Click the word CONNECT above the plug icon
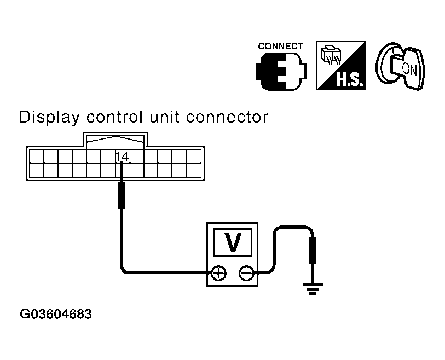point(281,47)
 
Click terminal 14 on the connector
point(122,156)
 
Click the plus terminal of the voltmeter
point(218,272)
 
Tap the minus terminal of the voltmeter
point(246,272)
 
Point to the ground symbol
point(313,288)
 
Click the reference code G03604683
point(56,315)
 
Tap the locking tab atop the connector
point(115,140)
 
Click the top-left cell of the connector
point(36,156)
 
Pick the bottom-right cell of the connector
point(194,170)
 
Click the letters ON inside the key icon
point(408,68)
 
